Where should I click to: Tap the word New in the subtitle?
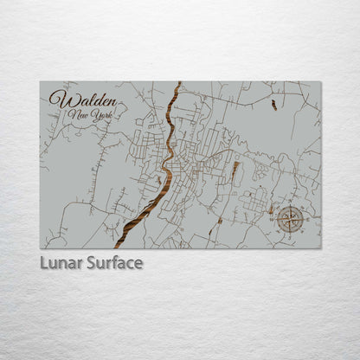(x=80, y=115)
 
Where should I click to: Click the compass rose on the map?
(x=291, y=219)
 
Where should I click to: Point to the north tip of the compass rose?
(x=291, y=206)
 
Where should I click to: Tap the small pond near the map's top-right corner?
(x=274, y=105)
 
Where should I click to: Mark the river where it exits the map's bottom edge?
(x=125, y=246)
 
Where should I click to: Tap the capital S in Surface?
(x=89, y=262)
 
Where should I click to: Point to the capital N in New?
(x=73, y=115)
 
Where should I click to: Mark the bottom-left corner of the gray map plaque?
(x=40, y=247)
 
